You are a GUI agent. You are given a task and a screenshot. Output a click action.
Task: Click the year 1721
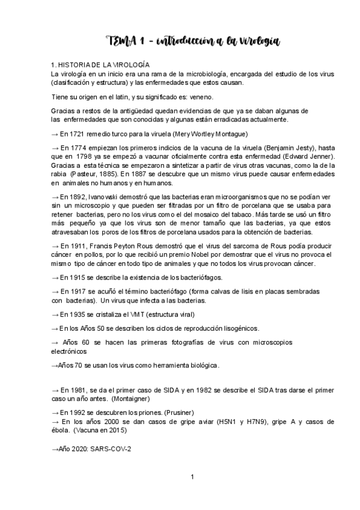point(83,134)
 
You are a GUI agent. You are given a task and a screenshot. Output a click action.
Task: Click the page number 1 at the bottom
point(192,478)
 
